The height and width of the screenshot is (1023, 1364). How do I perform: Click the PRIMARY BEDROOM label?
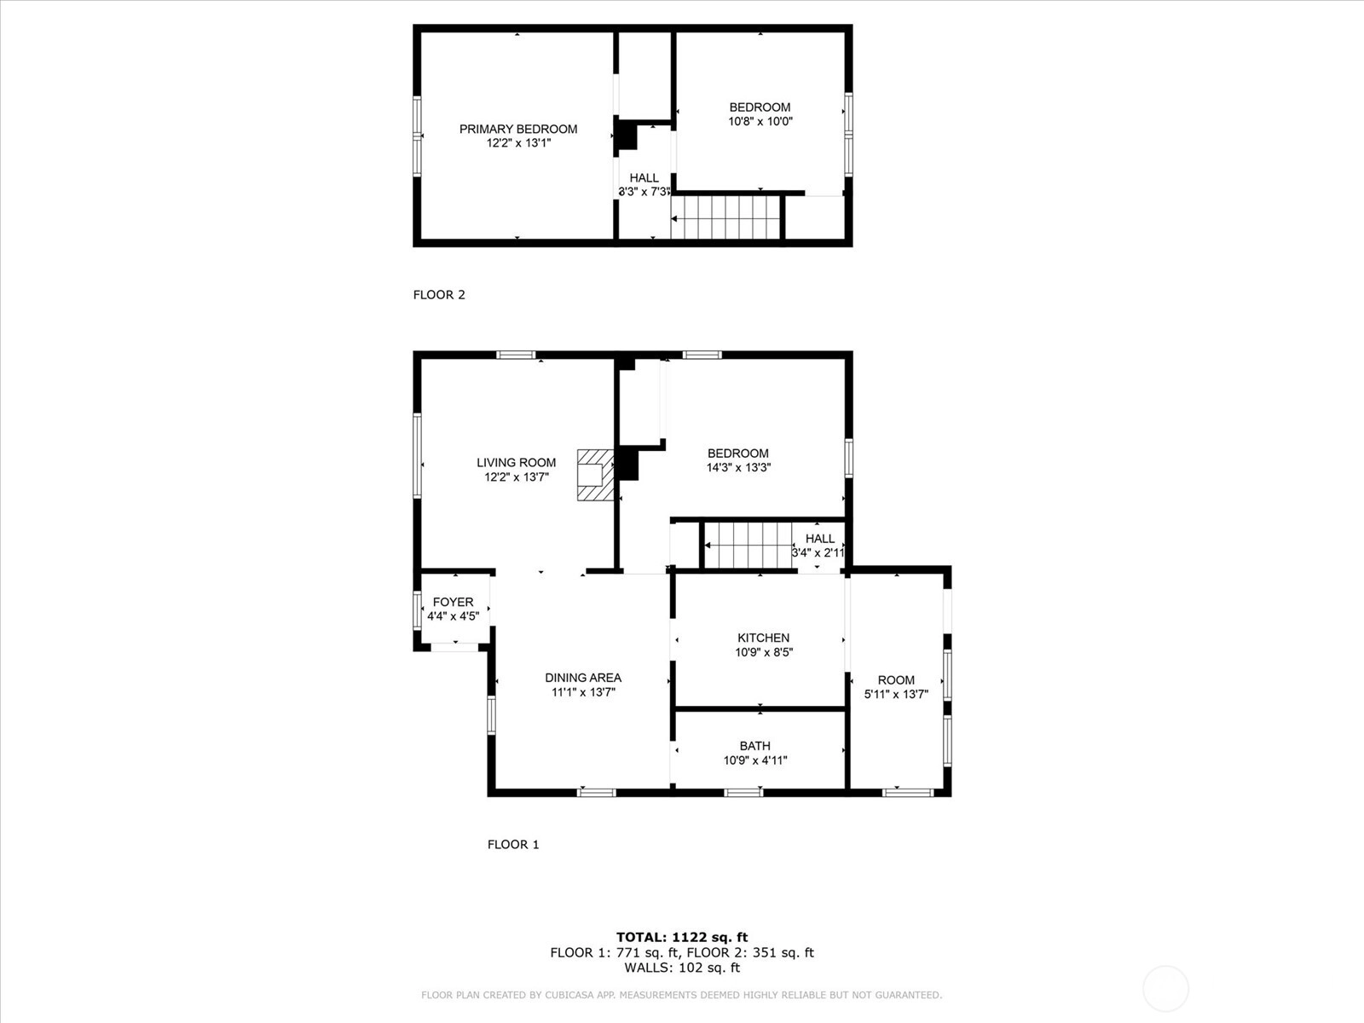click(x=518, y=130)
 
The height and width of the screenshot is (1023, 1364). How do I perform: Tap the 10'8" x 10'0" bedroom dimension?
click(x=760, y=121)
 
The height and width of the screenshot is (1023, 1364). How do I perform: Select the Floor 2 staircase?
click(x=725, y=217)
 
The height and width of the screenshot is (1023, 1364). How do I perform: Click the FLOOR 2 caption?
click(x=439, y=294)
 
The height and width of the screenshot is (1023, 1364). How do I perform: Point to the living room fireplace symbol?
click(x=595, y=475)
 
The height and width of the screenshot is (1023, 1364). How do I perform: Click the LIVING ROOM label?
click(x=517, y=463)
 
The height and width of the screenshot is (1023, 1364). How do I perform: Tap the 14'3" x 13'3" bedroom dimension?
click(x=738, y=468)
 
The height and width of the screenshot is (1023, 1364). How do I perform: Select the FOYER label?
click(x=453, y=602)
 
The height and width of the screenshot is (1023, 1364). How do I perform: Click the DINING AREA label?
click(x=583, y=678)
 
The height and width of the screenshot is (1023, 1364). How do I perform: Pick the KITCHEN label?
click(x=763, y=638)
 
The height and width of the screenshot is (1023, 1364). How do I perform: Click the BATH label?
click(x=755, y=746)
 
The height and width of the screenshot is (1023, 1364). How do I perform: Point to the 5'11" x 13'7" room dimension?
click(x=896, y=695)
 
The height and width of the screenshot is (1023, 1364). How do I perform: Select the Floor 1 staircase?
click(x=748, y=546)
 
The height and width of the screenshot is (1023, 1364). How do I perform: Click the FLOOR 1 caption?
click(x=513, y=844)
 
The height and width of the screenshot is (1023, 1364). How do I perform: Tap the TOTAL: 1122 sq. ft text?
click(x=682, y=937)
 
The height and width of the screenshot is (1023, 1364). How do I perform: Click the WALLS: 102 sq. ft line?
click(x=682, y=967)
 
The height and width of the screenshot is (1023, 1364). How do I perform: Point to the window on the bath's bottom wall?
click(x=744, y=793)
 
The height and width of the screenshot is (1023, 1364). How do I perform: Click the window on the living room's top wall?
click(x=516, y=355)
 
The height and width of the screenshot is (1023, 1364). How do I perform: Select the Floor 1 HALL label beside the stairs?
click(x=819, y=539)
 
